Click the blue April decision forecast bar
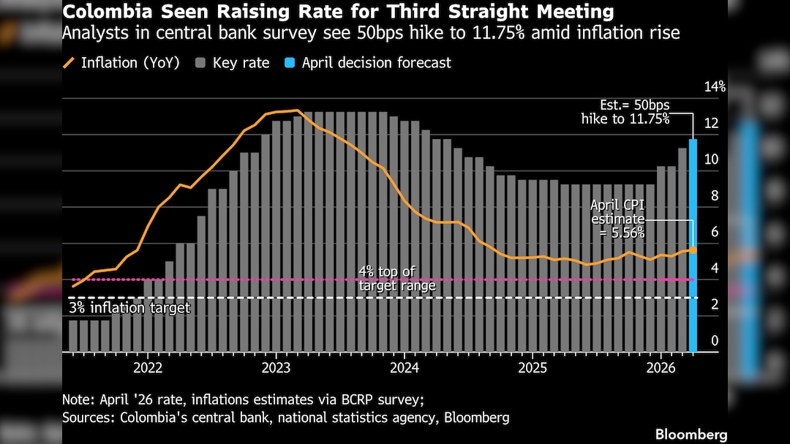tap(692, 245)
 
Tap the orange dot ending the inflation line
tap(693, 249)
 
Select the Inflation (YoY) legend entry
tap(121, 63)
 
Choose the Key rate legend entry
tap(233, 63)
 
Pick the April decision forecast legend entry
tap(368, 63)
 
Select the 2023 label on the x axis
tap(276, 367)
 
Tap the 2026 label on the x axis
tap(661, 367)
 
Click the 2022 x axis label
tap(147, 367)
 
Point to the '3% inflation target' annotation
tap(129, 308)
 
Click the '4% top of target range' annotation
tap(396, 279)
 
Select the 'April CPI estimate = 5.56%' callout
tap(618, 219)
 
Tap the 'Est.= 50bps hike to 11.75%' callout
tap(625, 112)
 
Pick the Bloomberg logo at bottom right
tap(691, 434)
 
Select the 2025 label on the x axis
tap(533, 367)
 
